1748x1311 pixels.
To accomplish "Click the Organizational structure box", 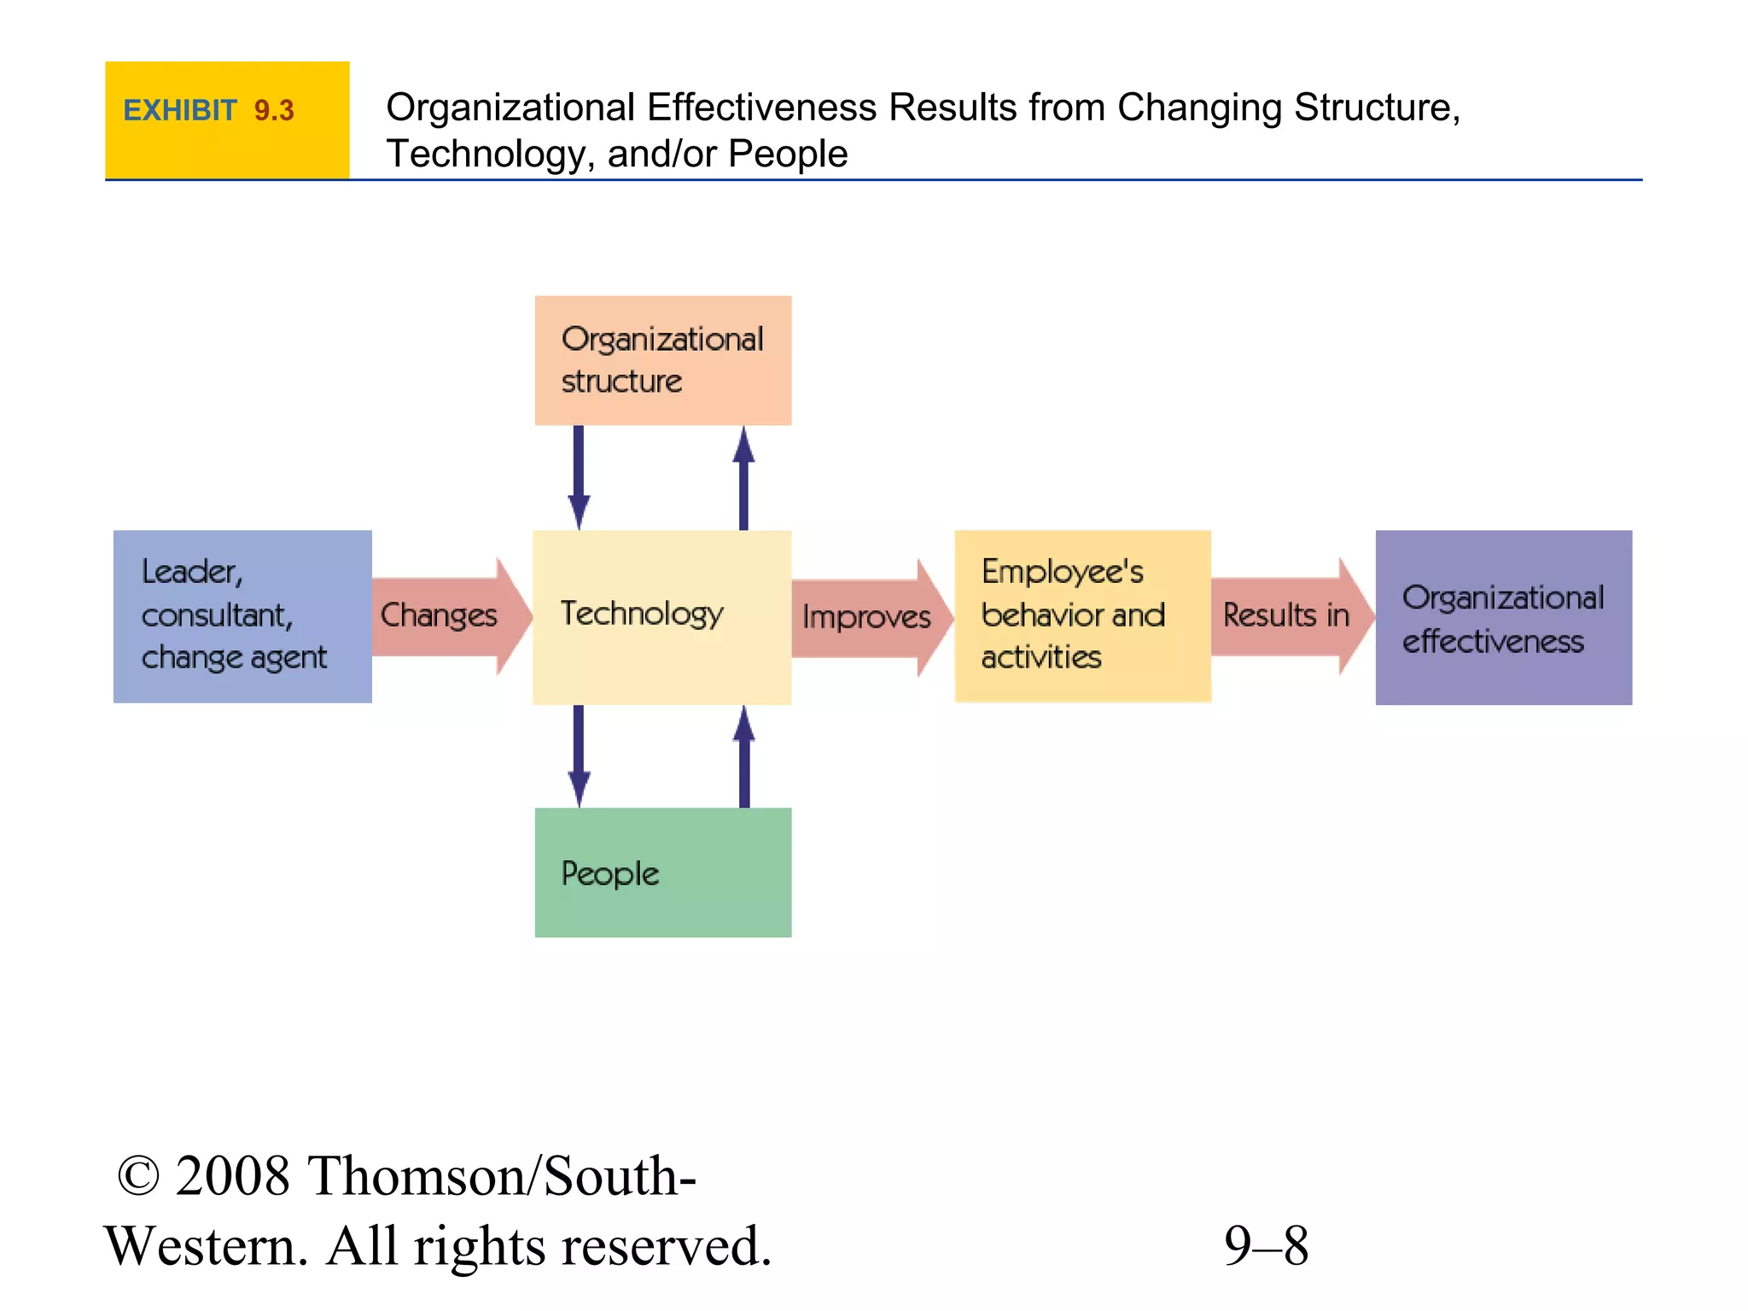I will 662,360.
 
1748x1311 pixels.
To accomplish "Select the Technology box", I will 661,616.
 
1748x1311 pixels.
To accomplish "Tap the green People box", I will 662,872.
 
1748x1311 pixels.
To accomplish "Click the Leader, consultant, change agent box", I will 242,616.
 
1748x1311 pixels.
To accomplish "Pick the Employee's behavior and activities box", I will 1082,616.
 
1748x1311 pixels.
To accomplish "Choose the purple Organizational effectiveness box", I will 1503,617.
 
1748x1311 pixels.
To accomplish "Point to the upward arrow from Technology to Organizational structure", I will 743,478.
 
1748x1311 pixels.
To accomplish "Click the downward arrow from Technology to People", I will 579,755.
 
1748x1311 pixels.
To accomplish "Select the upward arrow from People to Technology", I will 744,756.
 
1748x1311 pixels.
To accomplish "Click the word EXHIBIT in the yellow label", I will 179,111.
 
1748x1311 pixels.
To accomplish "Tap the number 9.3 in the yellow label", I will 273,111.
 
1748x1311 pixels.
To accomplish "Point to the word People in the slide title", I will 787,154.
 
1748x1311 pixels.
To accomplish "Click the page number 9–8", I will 1266,1245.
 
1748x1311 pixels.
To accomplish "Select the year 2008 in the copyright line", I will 232,1176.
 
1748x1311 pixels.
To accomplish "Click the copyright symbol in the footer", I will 137,1176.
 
